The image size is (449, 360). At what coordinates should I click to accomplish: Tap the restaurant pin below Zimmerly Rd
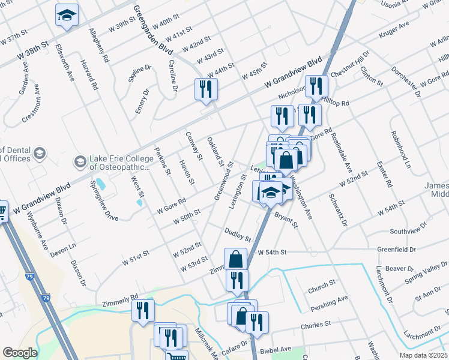point(143,310)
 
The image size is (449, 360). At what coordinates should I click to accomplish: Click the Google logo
point(20,353)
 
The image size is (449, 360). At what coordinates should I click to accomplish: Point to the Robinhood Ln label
point(400,149)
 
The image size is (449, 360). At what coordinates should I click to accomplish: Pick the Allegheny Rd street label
point(98,45)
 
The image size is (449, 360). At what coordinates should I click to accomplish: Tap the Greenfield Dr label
point(397,248)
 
